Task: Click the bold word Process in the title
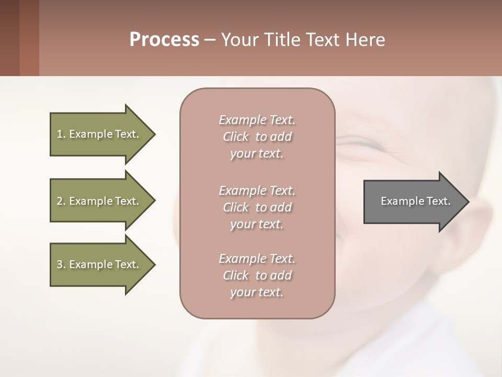pos(164,40)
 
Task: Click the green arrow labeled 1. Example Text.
pos(99,134)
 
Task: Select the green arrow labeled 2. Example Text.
pos(99,201)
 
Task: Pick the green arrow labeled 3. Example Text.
pos(99,264)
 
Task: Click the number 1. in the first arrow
pos(61,134)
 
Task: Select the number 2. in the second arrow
pos(61,201)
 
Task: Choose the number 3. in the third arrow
pos(61,264)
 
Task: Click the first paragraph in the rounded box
pos(257,137)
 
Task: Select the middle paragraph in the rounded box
pos(257,207)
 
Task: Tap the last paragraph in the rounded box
pos(257,275)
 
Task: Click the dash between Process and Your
pos(210,40)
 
